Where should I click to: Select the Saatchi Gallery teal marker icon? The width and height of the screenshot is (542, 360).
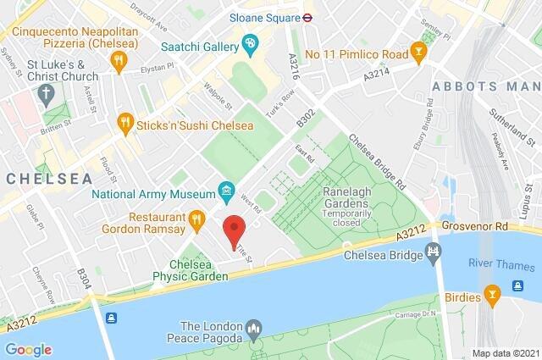(x=250, y=42)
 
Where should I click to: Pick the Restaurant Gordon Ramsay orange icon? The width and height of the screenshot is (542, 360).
(x=196, y=220)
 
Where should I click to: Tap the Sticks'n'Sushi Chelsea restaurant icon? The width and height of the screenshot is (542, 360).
(x=126, y=122)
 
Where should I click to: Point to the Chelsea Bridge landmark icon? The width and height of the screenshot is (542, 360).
(x=434, y=253)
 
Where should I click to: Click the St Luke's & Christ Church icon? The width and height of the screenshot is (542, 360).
(x=44, y=90)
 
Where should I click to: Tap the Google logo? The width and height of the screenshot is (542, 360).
(x=28, y=349)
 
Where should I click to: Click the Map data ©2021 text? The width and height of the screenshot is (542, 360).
(x=505, y=353)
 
